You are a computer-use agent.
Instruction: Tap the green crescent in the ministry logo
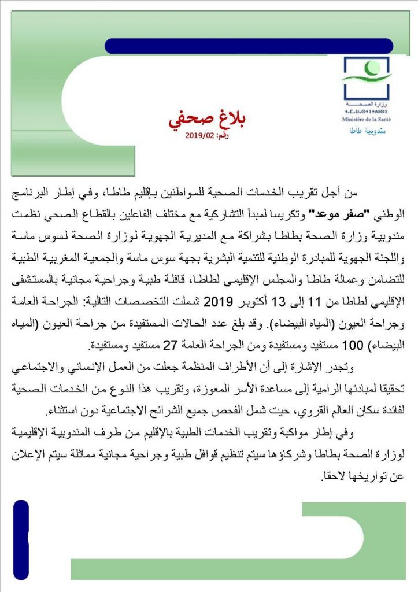click(x=365, y=76)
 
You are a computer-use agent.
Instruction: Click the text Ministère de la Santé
click(x=366, y=119)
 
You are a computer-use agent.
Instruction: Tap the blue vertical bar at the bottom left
click(x=21, y=540)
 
